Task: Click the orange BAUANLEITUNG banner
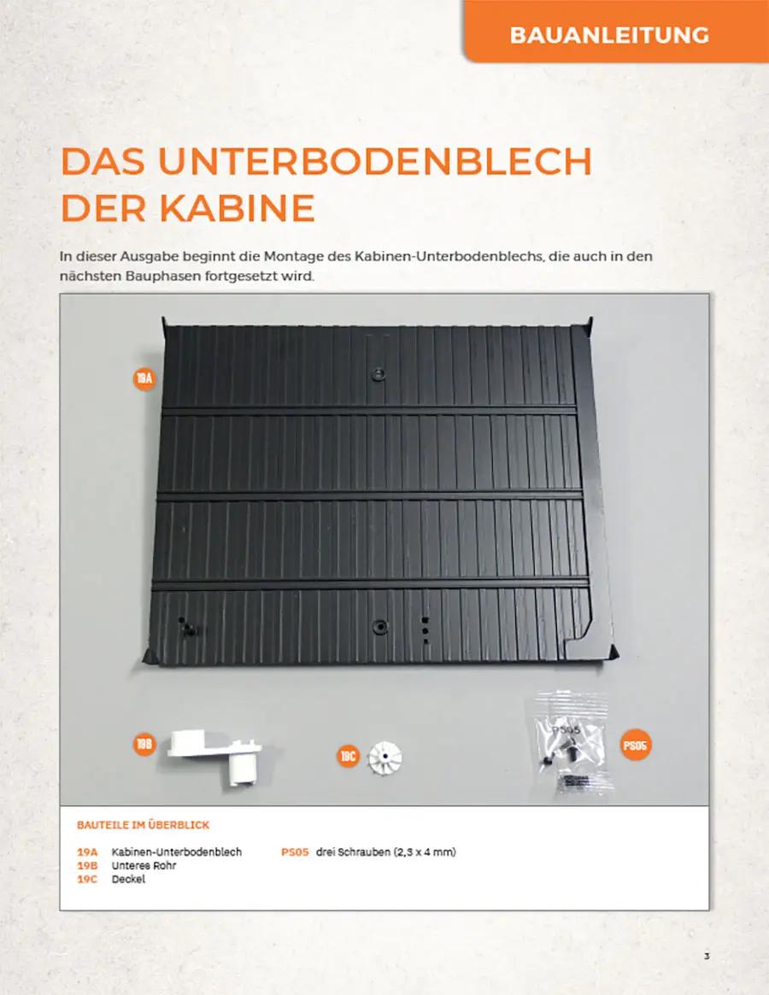pos(616,31)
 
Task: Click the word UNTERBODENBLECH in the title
pos(375,161)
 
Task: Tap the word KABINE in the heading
pos(237,208)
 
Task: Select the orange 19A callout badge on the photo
pos(144,379)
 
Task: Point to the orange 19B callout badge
pos(144,744)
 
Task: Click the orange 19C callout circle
pos(348,756)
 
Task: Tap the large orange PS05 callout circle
pos(635,745)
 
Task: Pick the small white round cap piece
pos(384,757)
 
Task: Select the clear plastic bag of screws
pos(571,742)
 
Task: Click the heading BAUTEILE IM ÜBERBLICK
pos(143,825)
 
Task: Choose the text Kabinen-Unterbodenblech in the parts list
pos(177,852)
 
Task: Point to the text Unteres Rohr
pos(144,865)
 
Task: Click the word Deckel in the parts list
pos(128,880)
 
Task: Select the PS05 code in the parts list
pos(295,852)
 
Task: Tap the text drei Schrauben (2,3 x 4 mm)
pos(386,852)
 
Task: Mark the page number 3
pos(707,957)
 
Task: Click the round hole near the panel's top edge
pos(379,373)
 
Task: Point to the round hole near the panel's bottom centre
pos(379,627)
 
